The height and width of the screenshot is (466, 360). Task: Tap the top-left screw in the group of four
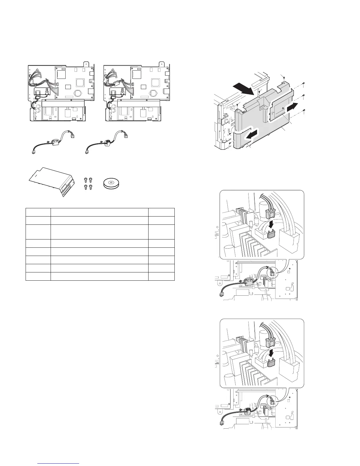pyautogui.click(x=86, y=179)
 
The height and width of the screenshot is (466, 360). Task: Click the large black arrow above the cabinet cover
pyautogui.click(x=243, y=88)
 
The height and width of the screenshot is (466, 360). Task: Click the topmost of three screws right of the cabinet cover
pyautogui.click(x=304, y=84)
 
